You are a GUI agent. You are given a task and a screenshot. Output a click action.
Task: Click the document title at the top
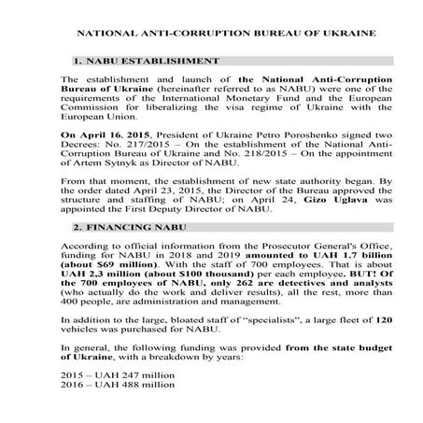coord(211,33)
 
